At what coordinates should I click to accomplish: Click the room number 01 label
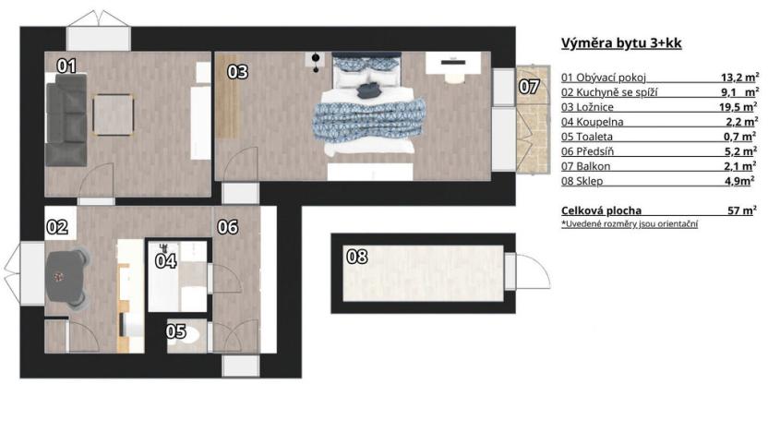[x=66, y=66]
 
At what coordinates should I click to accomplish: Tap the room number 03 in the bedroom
[x=237, y=71]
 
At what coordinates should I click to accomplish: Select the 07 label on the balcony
[x=528, y=87]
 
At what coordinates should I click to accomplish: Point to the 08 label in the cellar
[x=356, y=258]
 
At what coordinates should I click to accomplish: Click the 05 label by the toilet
[x=175, y=330]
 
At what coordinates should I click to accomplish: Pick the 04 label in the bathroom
[x=165, y=260]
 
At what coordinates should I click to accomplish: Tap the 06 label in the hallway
[x=228, y=226]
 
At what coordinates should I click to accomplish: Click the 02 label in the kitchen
[x=57, y=226]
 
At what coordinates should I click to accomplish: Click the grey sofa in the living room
[x=66, y=119]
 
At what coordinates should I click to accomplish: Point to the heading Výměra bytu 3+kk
[x=621, y=43]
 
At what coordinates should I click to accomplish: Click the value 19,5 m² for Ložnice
[x=738, y=107]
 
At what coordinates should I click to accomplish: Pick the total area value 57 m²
[x=742, y=210]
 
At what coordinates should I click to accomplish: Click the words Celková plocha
[x=601, y=210]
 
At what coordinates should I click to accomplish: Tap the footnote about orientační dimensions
[x=630, y=224]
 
